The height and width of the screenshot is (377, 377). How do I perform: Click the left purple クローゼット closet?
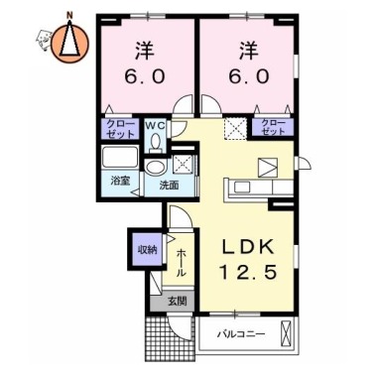pyautogui.click(x=118, y=128)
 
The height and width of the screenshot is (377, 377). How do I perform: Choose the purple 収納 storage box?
pyautogui.click(x=144, y=250)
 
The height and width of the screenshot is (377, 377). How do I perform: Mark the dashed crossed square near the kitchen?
pyautogui.click(x=234, y=127)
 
